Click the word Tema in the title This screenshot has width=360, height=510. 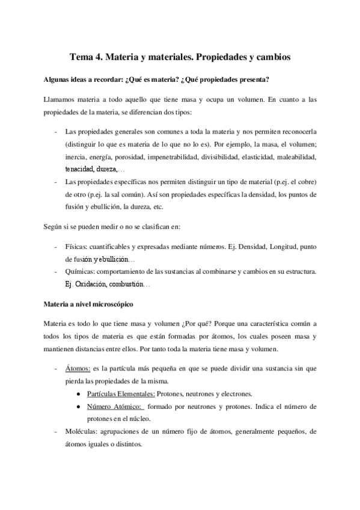coord(81,58)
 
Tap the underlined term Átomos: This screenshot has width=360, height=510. coord(77,367)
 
